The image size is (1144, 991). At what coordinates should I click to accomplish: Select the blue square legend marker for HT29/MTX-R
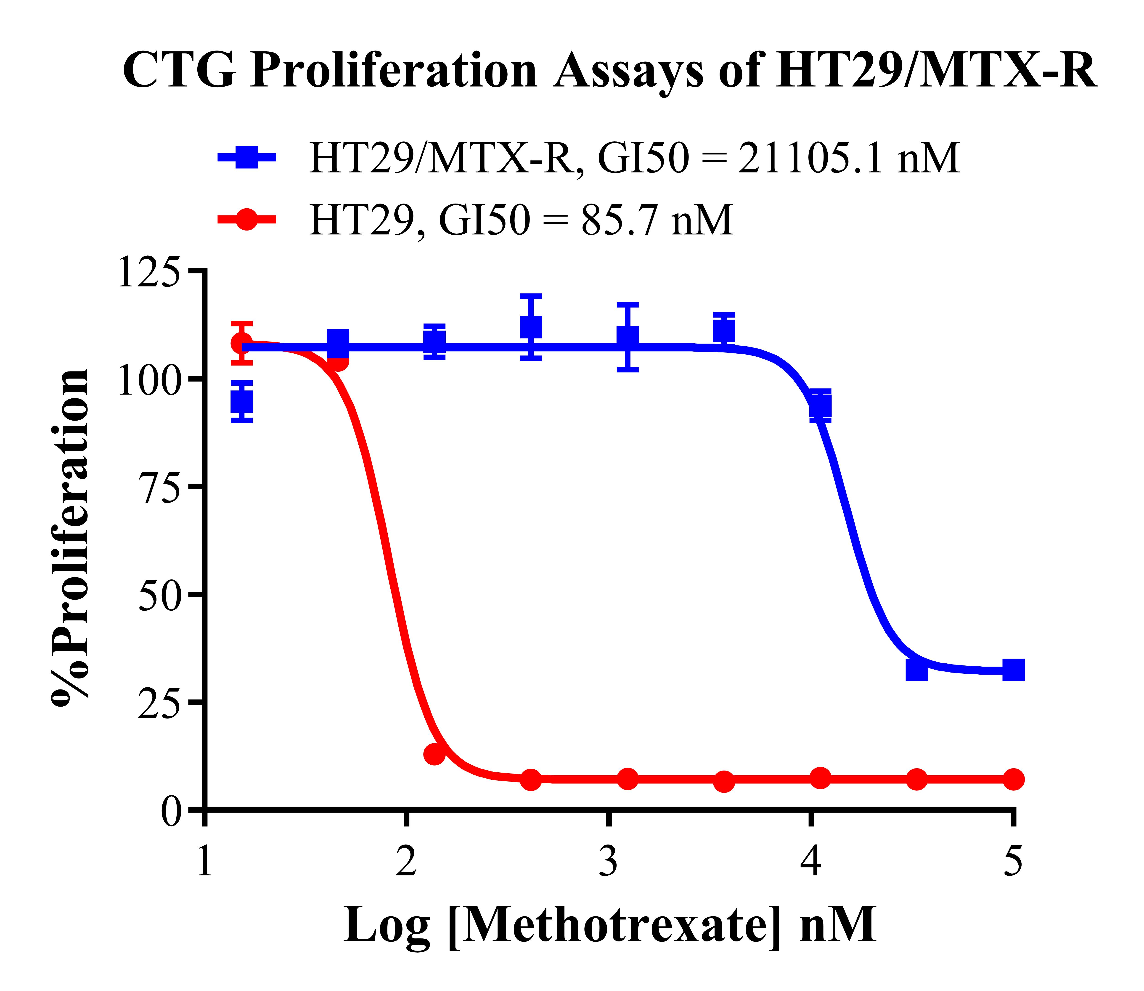click(246, 157)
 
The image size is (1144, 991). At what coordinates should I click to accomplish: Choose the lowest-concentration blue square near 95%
click(242, 401)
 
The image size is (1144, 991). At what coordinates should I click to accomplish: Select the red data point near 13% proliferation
click(435, 753)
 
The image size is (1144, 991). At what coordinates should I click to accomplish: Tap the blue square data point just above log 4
click(820, 406)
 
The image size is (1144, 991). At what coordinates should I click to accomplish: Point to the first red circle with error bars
click(242, 343)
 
